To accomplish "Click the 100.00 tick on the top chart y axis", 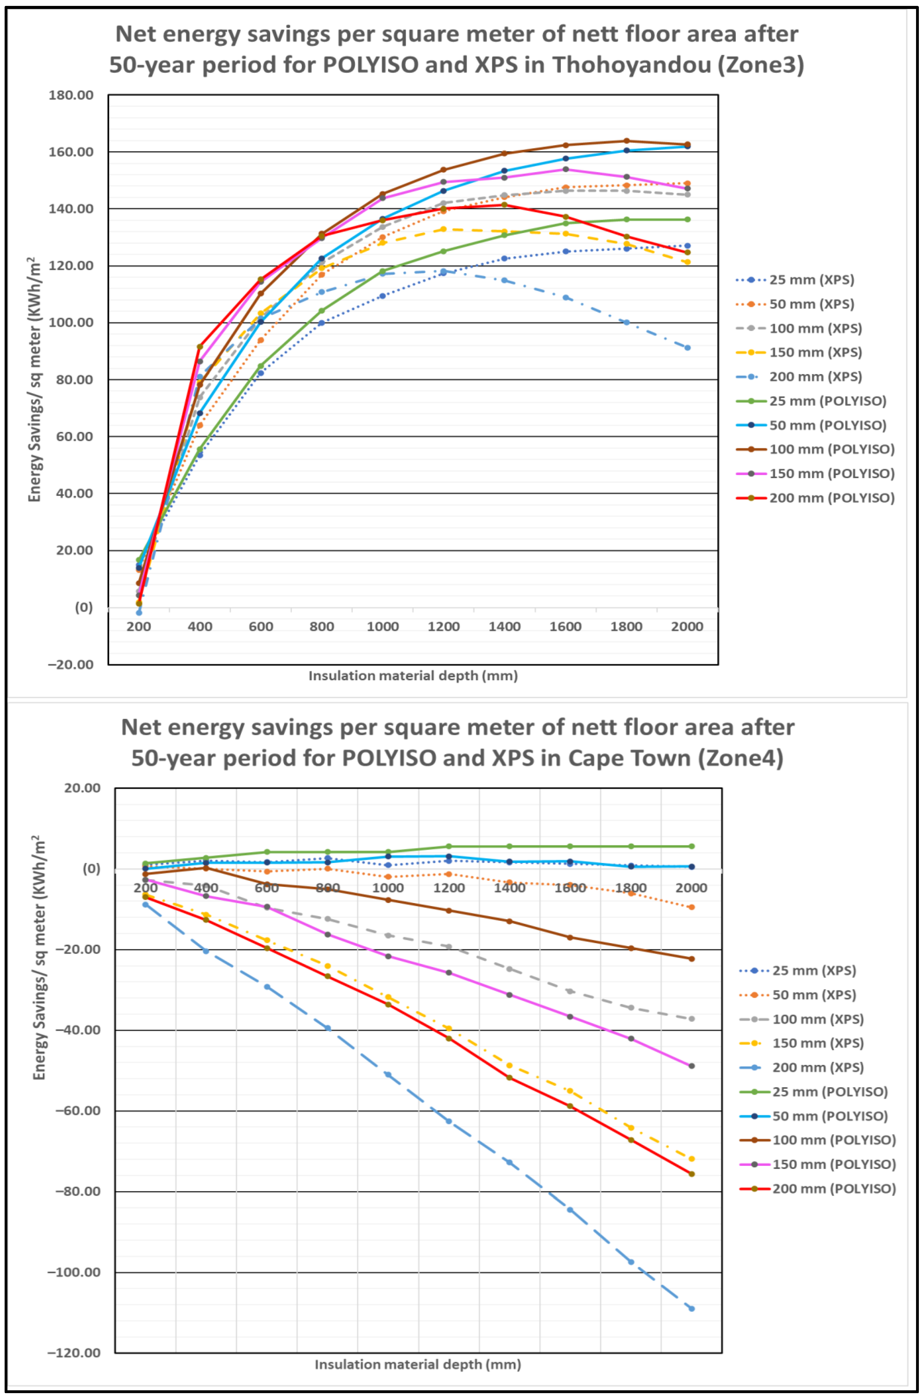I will click(x=71, y=322).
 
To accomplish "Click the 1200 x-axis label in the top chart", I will click(x=444, y=626).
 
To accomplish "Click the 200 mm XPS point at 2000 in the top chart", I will click(x=687, y=348).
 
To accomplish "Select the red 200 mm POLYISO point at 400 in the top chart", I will click(x=200, y=346).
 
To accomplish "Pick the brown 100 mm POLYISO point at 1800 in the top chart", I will click(x=626, y=141).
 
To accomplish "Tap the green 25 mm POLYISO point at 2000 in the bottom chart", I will click(x=691, y=846).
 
